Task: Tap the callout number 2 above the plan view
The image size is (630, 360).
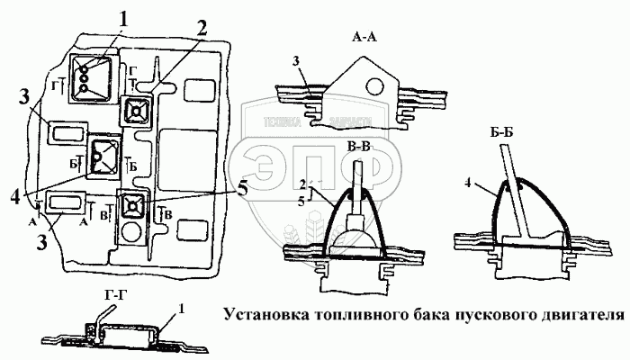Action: [x=203, y=26]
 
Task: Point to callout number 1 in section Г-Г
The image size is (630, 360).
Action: [x=182, y=308]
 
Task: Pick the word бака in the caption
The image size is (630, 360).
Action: [x=426, y=316]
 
